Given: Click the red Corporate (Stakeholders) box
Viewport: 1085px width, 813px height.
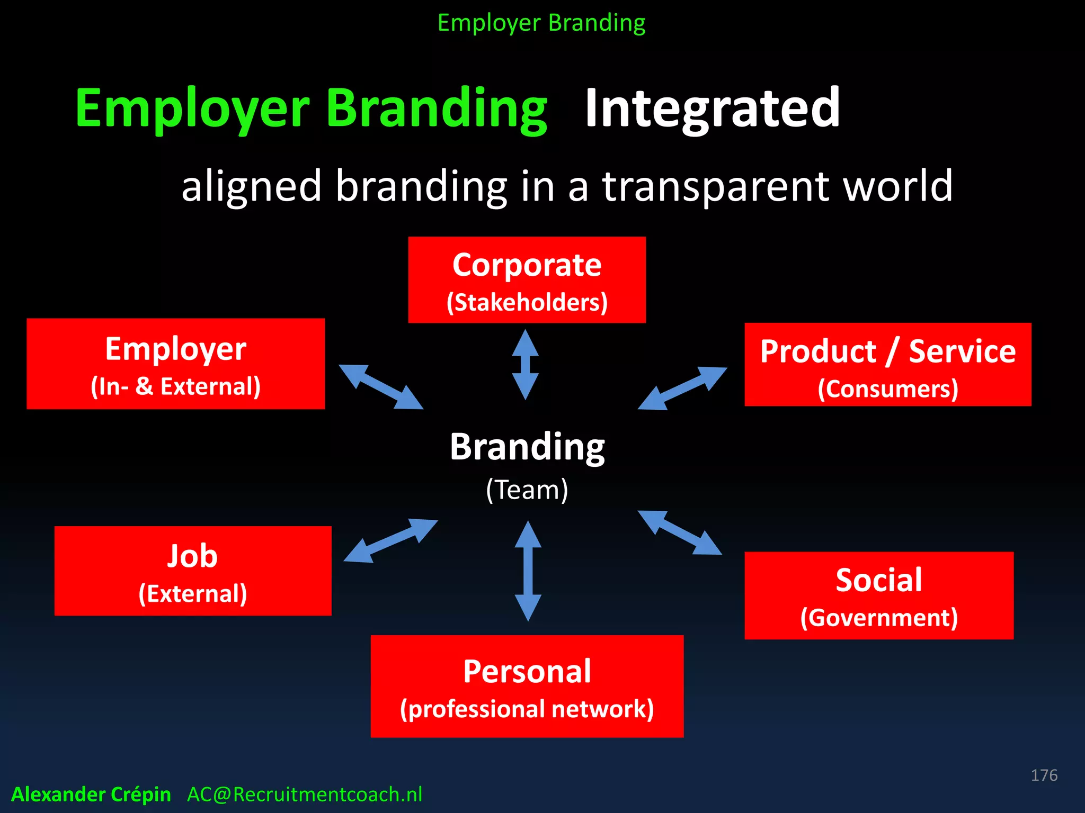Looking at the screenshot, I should tap(527, 280).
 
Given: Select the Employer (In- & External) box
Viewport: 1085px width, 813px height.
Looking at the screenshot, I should tap(175, 364).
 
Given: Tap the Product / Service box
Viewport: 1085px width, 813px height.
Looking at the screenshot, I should tap(887, 365).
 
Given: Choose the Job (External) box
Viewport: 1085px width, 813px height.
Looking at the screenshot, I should tap(193, 571).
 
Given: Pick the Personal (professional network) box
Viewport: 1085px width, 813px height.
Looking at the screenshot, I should tap(527, 686).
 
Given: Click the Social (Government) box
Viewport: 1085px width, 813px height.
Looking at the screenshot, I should tap(878, 595).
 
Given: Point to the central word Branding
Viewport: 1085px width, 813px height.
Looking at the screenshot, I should tap(527, 447).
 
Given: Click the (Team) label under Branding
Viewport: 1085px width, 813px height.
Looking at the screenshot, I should tap(527, 490).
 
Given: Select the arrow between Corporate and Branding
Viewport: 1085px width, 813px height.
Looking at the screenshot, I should tap(525, 365).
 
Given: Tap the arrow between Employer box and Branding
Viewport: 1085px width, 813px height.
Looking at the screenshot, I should tap(381, 387).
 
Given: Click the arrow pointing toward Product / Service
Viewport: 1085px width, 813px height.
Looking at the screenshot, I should tap(682, 389).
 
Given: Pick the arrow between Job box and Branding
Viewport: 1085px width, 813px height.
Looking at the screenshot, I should tap(390, 541).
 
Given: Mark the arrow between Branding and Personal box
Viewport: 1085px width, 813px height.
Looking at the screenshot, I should tap(528, 571).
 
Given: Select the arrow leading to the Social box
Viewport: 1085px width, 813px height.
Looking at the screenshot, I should tap(680, 532).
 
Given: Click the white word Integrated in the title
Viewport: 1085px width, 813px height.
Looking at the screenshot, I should tap(712, 109).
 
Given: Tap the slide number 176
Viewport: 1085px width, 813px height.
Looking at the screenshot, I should tap(1044, 775).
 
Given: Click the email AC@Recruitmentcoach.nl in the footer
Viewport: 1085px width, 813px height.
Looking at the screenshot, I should tap(305, 794).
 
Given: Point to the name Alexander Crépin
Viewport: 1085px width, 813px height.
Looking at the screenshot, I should tap(91, 794).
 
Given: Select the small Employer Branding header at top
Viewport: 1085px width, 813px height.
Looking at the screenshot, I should tap(541, 23).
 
